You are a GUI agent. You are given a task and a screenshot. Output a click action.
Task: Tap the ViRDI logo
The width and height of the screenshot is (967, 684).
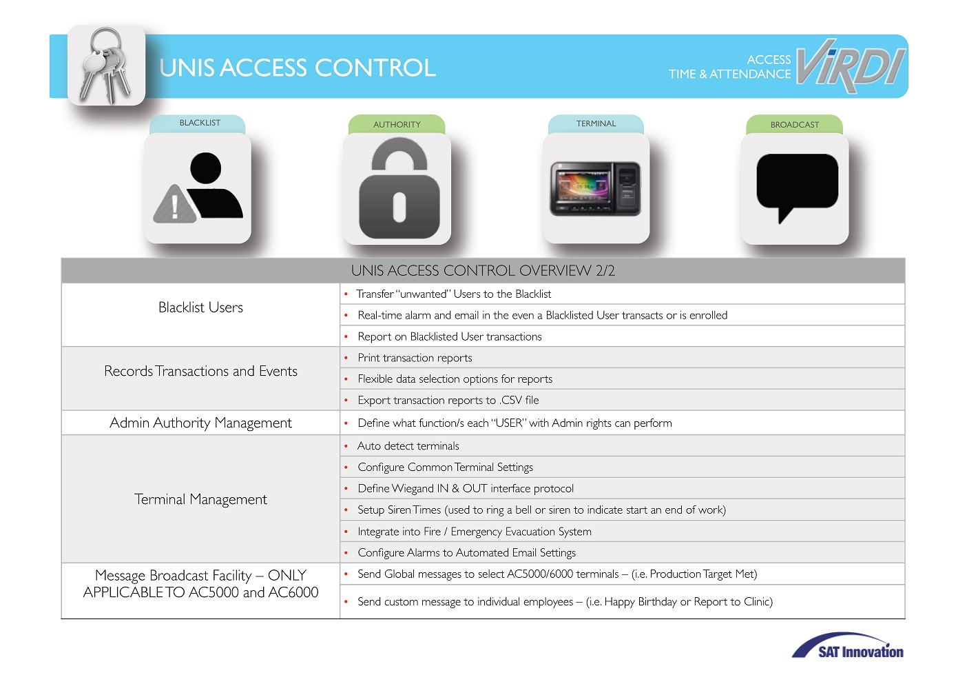[x=851, y=66]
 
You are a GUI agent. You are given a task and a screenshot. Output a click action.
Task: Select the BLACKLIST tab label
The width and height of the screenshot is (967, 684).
[x=200, y=123]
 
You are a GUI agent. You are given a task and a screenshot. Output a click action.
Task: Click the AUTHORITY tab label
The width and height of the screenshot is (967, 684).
[x=397, y=124]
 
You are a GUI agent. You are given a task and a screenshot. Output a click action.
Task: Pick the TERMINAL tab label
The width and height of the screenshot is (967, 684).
[x=596, y=123]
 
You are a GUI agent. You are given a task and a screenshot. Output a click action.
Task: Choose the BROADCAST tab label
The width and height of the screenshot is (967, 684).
[x=795, y=124]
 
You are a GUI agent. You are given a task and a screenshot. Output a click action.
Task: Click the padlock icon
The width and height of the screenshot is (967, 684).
[x=399, y=188]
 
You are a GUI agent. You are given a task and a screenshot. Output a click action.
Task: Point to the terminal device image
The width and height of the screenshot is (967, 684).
[x=595, y=189]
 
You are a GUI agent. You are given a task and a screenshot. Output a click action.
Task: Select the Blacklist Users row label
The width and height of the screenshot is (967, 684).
[x=200, y=308]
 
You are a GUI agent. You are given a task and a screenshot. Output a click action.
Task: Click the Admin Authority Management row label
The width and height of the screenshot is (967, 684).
[x=200, y=423]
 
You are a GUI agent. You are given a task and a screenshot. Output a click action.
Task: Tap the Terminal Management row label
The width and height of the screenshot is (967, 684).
[x=200, y=499]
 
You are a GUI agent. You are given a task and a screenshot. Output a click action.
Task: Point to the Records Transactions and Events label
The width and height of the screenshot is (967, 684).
[x=200, y=371]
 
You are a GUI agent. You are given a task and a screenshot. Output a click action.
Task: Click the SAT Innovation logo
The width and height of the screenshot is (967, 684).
[x=848, y=646]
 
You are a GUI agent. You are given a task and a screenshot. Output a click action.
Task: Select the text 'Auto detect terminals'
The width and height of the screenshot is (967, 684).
[x=408, y=445]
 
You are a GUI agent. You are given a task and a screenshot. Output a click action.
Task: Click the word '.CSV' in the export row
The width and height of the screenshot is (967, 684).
[x=510, y=400]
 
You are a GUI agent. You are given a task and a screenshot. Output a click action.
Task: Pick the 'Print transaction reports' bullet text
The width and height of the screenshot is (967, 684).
[x=415, y=358]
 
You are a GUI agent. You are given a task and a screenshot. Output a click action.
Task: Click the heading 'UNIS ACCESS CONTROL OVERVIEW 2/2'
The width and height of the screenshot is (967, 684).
[x=483, y=270]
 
